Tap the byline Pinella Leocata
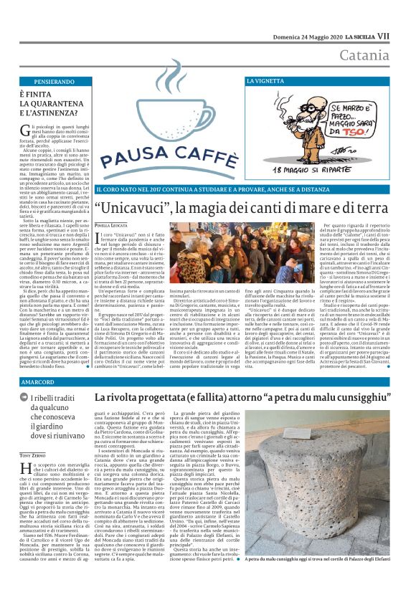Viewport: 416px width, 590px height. [113, 224]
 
